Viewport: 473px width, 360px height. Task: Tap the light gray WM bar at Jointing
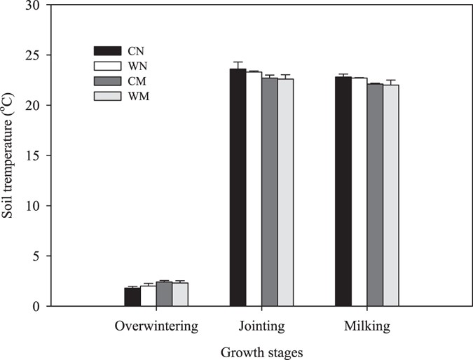point(285,192)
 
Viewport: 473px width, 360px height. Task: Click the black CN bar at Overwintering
point(132,296)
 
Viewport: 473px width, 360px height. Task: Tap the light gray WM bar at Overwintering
point(180,294)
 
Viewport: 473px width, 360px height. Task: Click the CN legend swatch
point(109,50)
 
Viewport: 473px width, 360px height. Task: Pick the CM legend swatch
point(109,81)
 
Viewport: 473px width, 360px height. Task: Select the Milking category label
point(366,327)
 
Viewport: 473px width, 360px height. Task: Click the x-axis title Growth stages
point(261,352)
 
